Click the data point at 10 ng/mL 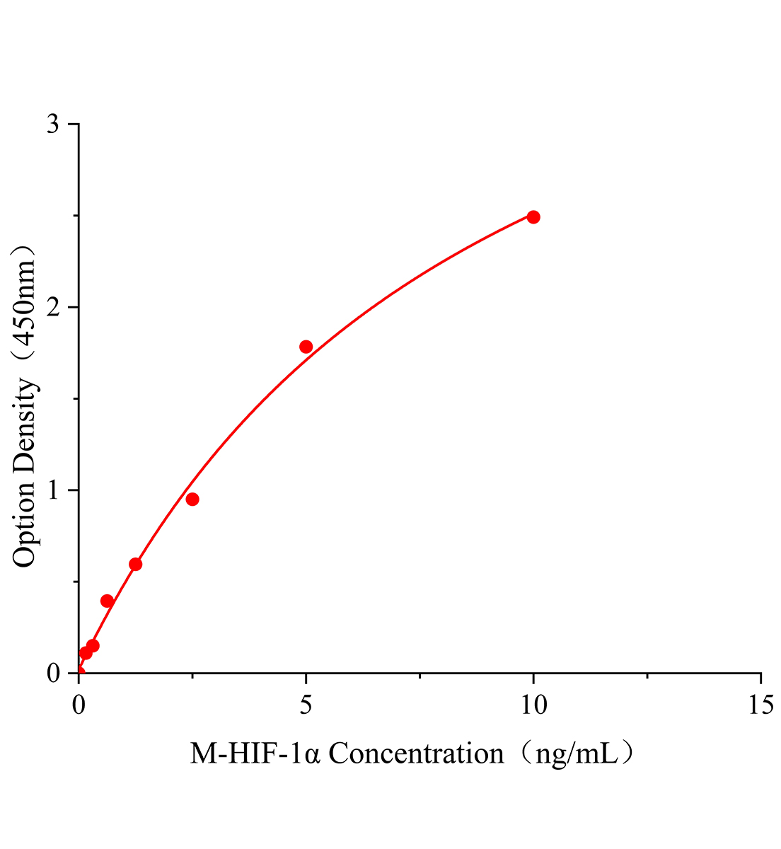coord(533,216)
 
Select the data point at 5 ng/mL coord(306,347)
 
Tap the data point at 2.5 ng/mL coord(192,499)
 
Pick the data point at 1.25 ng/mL coord(136,564)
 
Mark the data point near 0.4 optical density coord(108,601)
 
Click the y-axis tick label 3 coord(52,125)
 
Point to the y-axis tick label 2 coord(52,307)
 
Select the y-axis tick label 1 coord(52,490)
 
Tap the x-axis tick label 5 coord(306,704)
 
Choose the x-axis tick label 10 coord(533,704)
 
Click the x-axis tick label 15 coord(760,704)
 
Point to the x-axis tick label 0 coord(79,704)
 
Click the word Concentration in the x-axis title coord(416,754)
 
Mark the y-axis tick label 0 coord(52,673)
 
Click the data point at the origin coord(79,672)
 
